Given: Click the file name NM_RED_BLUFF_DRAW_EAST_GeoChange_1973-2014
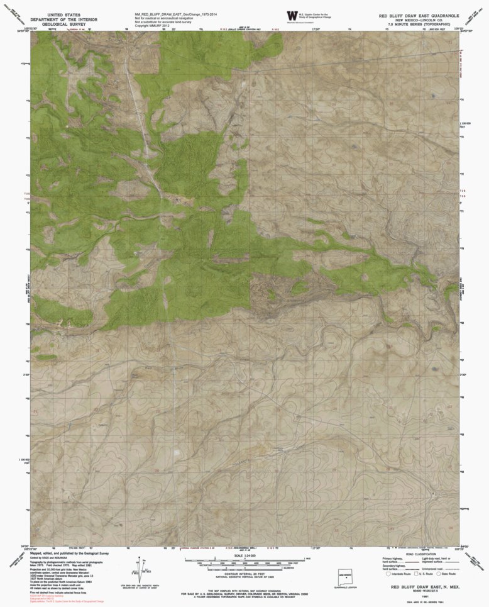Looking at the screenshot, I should pyautogui.click(x=171, y=12).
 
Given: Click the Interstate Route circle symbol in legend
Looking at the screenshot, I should pyautogui.click(x=387, y=574).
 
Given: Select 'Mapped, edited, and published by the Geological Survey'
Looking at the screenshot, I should pyautogui.click(x=69, y=553).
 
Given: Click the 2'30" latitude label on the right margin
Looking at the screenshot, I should pyautogui.click(x=464, y=374).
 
